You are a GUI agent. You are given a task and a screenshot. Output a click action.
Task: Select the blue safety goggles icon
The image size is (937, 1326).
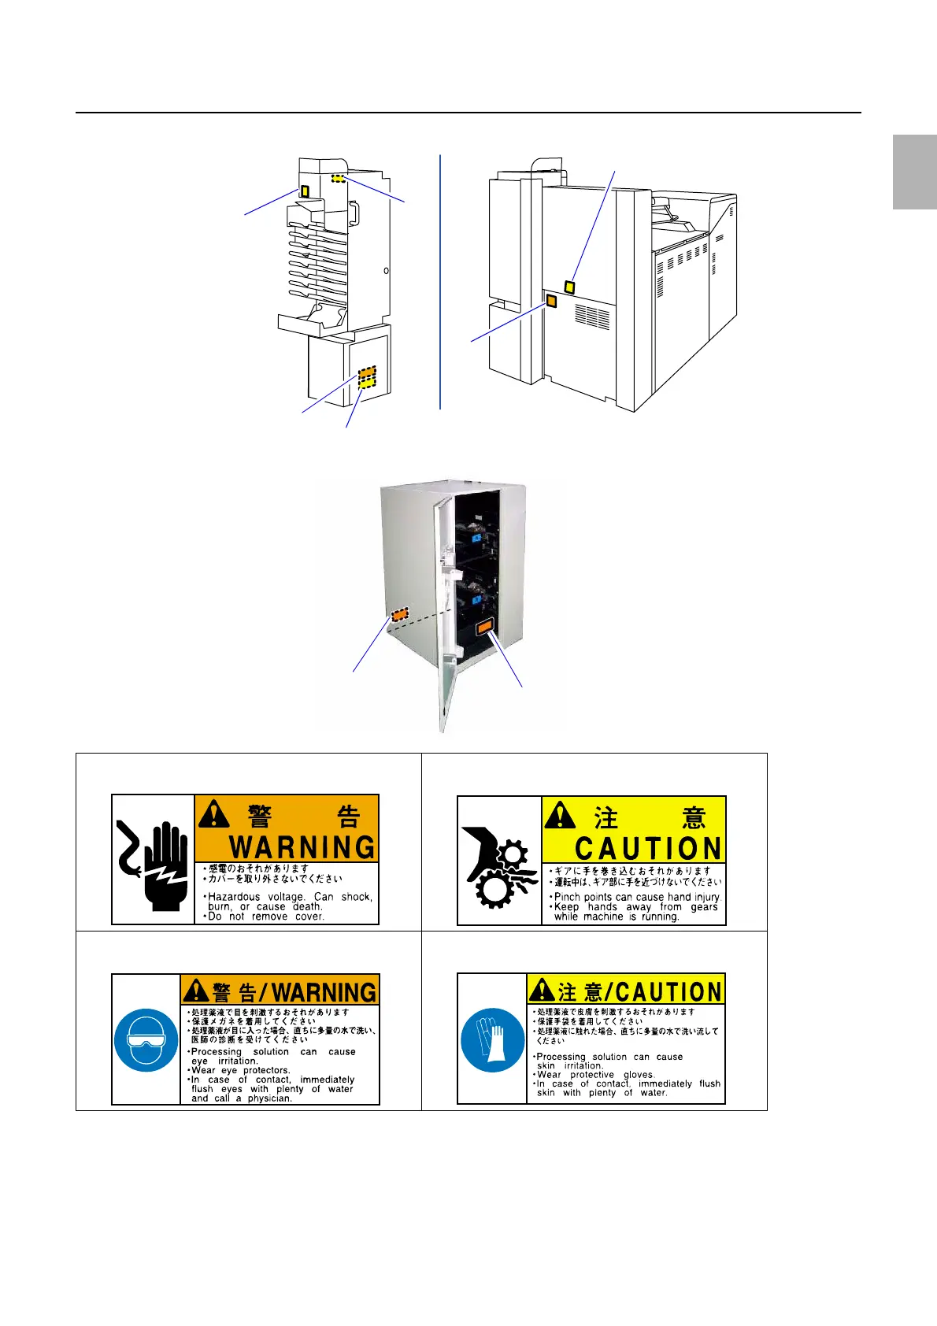click(x=146, y=1040)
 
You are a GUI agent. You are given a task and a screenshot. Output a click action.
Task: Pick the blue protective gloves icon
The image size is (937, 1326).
click(x=492, y=1039)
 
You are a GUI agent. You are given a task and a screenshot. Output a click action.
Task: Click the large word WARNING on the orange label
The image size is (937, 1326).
click(x=302, y=847)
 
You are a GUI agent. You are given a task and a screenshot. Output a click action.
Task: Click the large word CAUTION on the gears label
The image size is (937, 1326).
click(x=648, y=849)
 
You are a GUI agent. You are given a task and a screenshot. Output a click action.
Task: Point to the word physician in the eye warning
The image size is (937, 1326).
click(x=270, y=1098)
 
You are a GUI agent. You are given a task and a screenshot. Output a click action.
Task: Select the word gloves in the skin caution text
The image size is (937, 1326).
click(x=639, y=1075)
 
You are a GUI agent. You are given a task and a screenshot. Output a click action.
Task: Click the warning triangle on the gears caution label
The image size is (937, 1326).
click(x=560, y=815)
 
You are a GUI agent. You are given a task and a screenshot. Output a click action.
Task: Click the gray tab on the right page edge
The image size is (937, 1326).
click(x=914, y=172)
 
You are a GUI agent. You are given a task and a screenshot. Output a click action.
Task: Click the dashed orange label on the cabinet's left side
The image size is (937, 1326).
click(x=400, y=613)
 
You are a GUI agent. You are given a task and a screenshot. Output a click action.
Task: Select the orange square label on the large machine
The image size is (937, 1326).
click(x=551, y=301)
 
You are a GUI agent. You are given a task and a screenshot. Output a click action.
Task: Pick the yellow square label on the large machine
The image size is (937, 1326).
click(x=569, y=287)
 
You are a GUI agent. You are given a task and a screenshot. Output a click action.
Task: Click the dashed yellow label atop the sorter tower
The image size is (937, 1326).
click(x=338, y=179)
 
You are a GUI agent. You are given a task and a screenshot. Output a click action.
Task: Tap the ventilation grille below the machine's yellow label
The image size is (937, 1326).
click(x=592, y=316)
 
